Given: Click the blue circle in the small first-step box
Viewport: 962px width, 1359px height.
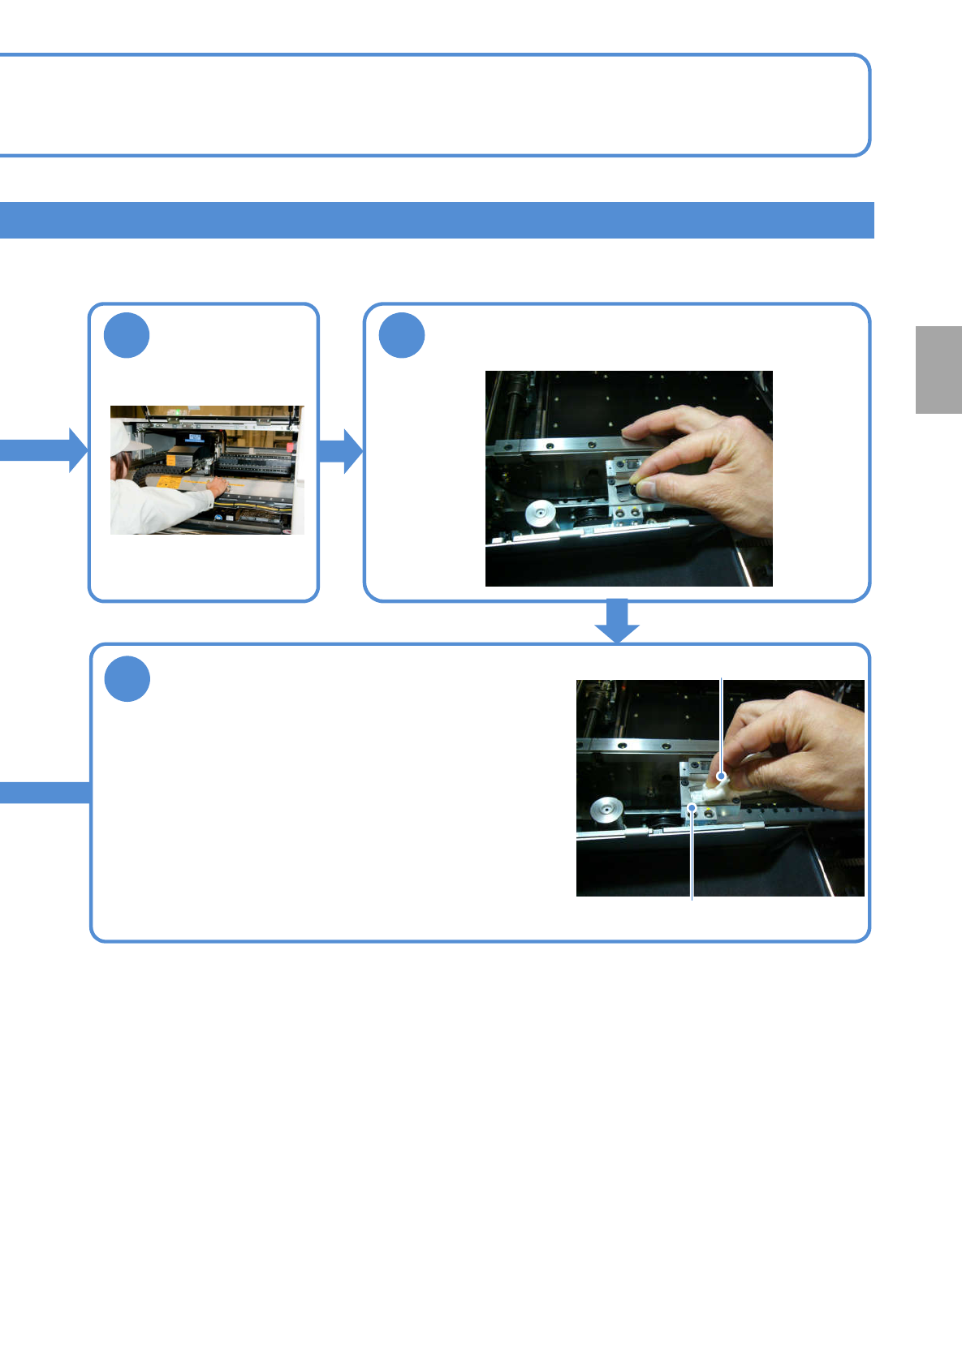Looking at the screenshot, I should pyautogui.click(x=127, y=335).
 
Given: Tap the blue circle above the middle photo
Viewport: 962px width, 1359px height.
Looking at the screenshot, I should pyautogui.click(x=402, y=335).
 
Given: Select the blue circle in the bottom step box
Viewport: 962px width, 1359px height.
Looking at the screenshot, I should pyautogui.click(x=127, y=679).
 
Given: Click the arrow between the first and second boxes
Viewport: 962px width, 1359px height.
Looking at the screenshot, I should pyautogui.click(x=341, y=450).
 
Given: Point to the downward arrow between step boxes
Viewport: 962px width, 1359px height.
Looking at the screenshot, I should pyautogui.click(x=617, y=621).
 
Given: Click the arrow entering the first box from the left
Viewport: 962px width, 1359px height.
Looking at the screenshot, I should pyautogui.click(x=45, y=449).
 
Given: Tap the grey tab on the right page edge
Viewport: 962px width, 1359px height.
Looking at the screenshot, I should pyautogui.click(x=938, y=370).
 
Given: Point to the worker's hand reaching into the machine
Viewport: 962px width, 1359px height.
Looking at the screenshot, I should pyautogui.click(x=218, y=484).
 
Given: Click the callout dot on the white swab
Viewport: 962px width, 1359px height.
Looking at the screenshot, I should pyautogui.click(x=721, y=776).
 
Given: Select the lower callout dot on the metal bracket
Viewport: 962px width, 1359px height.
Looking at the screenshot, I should pyautogui.click(x=692, y=807).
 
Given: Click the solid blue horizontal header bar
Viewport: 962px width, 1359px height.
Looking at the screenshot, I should pyautogui.click(x=437, y=220).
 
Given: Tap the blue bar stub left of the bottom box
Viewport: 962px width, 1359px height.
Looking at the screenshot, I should pyautogui.click(x=45, y=793).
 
